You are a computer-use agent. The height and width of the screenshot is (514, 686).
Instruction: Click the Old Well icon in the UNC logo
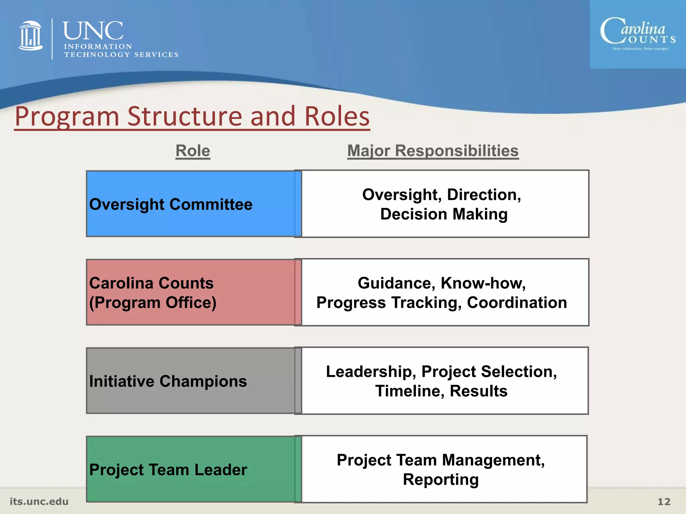pyautogui.click(x=30, y=36)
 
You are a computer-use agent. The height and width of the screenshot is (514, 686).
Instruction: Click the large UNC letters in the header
pyautogui.click(x=93, y=30)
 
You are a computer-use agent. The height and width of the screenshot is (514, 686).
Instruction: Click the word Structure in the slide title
pyautogui.click(x=185, y=116)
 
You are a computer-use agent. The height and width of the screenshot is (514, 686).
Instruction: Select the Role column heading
pyautogui.click(x=193, y=151)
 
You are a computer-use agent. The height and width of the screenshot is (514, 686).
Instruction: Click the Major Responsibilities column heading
pyautogui.click(x=433, y=151)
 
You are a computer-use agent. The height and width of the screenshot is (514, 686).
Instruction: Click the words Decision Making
pyautogui.click(x=444, y=214)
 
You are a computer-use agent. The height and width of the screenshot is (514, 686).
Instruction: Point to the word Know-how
pyautogui.click(x=482, y=283)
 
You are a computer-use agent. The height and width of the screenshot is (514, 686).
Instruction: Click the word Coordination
pyautogui.click(x=517, y=303)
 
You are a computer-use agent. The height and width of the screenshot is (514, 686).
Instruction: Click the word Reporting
pyautogui.click(x=440, y=480)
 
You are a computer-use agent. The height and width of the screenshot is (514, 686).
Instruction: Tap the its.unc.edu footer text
pyautogui.click(x=39, y=501)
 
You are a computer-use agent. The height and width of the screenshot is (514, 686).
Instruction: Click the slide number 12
pyautogui.click(x=664, y=502)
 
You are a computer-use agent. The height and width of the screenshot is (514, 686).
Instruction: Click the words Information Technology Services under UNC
pyautogui.click(x=121, y=51)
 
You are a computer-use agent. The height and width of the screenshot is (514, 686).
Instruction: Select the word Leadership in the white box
pyautogui.click(x=368, y=371)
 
